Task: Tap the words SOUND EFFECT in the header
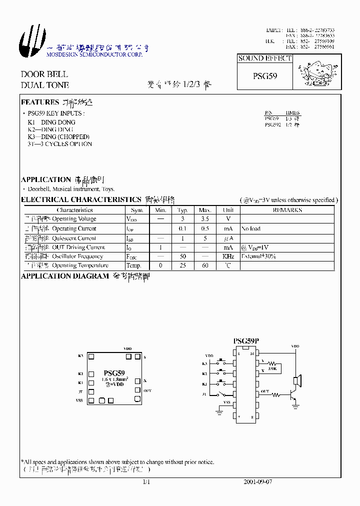pos(264,58)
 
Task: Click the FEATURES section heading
pos(40,102)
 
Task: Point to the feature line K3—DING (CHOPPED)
pos(58,136)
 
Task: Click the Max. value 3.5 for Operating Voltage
pos(205,219)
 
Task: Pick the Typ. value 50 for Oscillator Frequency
pos(183,256)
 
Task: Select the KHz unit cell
pos(228,256)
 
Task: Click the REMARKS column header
pos(287,210)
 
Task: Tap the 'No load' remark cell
pos(251,228)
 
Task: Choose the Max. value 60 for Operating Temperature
pos(205,265)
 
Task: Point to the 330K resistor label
pos(272,368)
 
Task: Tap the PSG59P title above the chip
pos(246,341)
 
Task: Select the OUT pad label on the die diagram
pos(147,390)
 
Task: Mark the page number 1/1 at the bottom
pos(146,482)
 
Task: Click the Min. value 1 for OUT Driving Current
pos(160,247)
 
